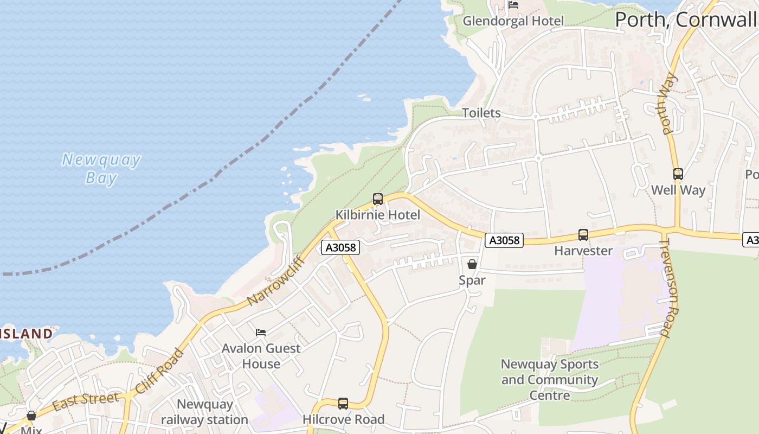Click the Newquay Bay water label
coord(101,169)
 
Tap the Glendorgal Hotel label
coord(513,21)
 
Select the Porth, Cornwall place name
coord(685,20)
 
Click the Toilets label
coord(481,113)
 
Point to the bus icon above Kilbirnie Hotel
coord(378,199)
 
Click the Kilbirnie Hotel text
coord(377,215)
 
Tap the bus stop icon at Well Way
coord(678,174)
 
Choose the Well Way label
coord(678,190)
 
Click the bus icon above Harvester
coord(583,235)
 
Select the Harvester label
coord(583,251)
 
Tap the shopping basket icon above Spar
coord(472,264)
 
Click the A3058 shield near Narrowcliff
coord(340,248)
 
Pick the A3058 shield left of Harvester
coord(504,240)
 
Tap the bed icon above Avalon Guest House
coord(261,332)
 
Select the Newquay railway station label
coord(204,412)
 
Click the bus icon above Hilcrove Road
coord(343,404)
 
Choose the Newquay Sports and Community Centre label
coord(549,380)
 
